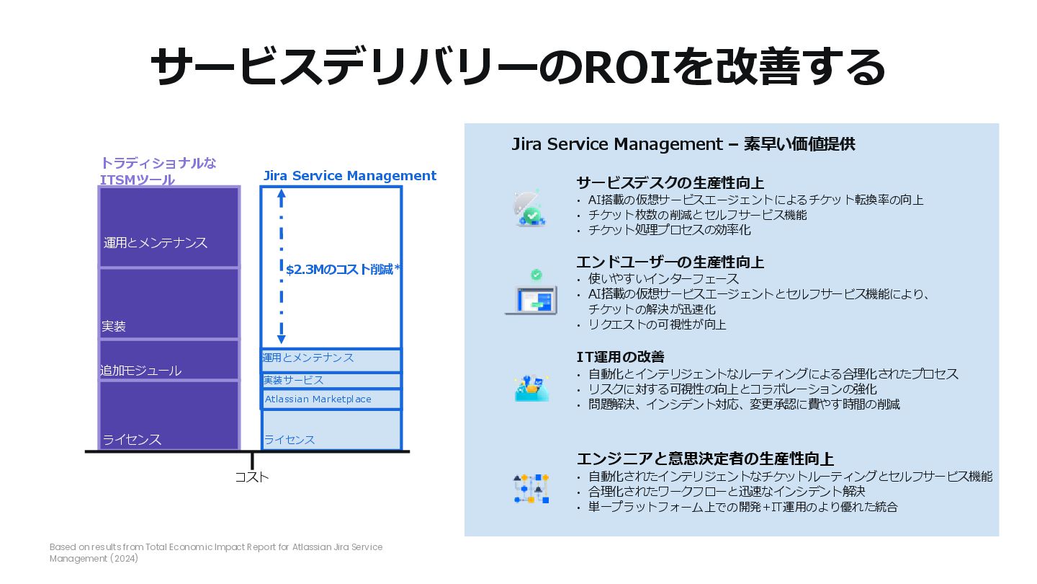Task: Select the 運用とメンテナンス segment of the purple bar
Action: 169,227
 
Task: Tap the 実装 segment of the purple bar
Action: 169,304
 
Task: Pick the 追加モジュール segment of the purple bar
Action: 169,360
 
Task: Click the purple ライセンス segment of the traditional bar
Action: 169,415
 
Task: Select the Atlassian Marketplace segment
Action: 331,399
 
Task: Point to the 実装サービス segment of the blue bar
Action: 331,380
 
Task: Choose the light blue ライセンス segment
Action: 331,430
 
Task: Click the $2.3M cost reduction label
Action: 343,270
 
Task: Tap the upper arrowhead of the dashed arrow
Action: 282,193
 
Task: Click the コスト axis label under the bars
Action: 252,477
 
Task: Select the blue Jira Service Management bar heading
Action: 350,176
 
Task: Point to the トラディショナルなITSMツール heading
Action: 158,171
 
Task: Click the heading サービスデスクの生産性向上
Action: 670,182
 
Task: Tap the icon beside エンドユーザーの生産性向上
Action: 532,293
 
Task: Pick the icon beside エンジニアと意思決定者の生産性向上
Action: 531,489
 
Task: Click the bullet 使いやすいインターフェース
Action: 663,278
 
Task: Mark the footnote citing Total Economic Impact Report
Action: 216,552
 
